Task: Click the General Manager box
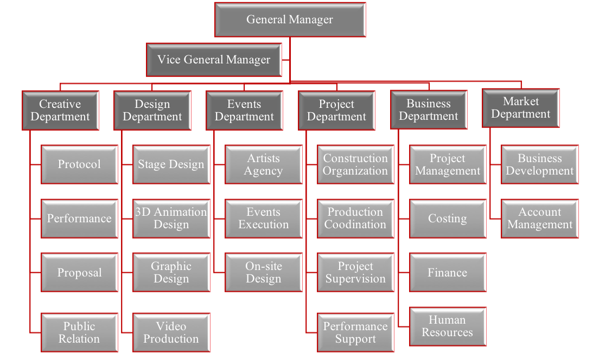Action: point(290,20)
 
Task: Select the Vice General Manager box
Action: point(214,60)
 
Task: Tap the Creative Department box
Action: point(60,111)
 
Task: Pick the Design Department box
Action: point(152,111)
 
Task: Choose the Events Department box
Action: point(244,111)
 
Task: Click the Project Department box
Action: point(336,111)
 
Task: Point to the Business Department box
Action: point(429,110)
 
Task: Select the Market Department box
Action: point(521,108)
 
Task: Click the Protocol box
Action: point(79,164)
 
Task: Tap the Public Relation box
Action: point(79,332)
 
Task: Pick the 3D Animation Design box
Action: point(171,218)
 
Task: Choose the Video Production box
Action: point(171,332)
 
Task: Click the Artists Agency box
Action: point(264,164)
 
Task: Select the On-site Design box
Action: point(264,273)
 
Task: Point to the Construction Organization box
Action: point(355,164)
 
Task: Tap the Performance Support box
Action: point(355,332)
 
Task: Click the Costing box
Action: point(448,218)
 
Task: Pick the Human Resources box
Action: point(448,326)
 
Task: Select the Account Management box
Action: point(540,218)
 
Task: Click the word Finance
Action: point(448,273)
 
